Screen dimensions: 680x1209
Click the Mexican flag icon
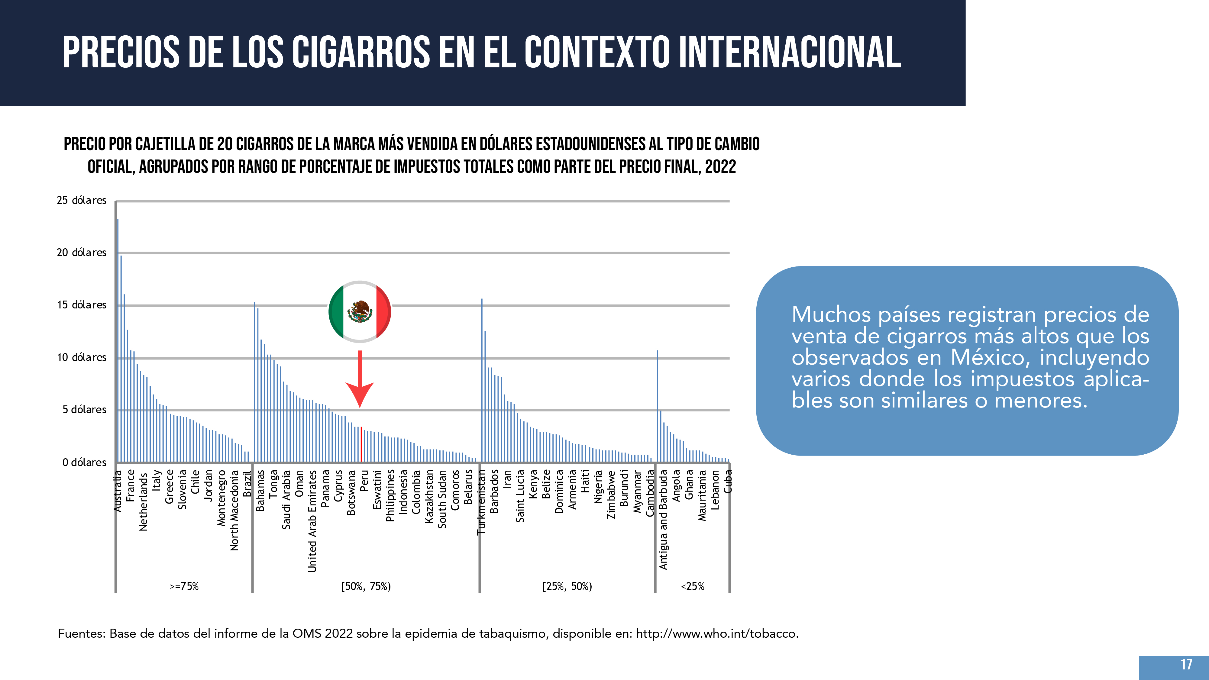point(360,312)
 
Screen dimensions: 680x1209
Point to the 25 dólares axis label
point(82,200)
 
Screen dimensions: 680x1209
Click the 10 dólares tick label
point(82,358)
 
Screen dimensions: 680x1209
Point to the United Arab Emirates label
point(312,521)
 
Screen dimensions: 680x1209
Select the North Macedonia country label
point(234,510)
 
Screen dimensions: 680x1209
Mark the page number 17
point(1186,665)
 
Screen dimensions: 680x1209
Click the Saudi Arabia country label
point(286,500)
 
